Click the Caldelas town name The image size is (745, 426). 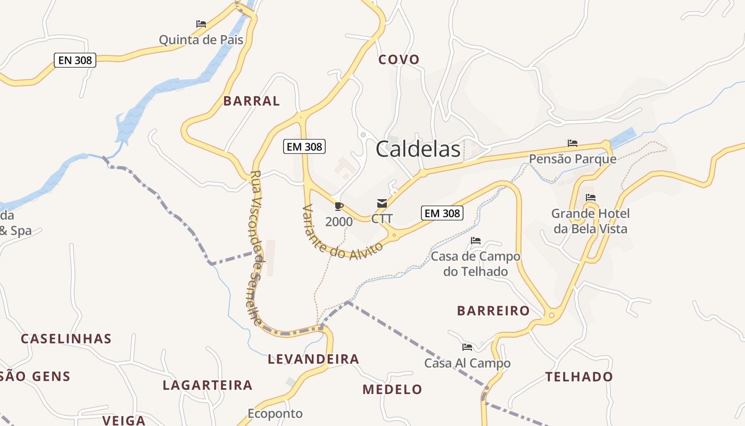coord(418,149)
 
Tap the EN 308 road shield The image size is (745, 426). coord(75,60)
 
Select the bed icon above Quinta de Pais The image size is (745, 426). coord(201,24)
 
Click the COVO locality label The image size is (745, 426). coord(399,60)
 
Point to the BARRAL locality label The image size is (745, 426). coord(252,101)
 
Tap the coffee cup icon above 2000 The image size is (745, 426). coord(339,206)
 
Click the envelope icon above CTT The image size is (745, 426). coord(382,203)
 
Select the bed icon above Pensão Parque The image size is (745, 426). coord(573,143)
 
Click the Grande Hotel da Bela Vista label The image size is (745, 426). coord(590,221)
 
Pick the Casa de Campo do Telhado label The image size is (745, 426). coord(476,264)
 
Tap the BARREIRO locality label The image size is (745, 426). coord(493,311)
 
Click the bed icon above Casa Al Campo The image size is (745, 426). coord(467,347)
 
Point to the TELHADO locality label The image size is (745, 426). coord(579,377)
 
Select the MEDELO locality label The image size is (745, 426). coord(392,390)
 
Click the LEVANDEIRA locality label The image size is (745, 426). coord(313,359)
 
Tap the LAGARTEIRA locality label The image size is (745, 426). coord(208,386)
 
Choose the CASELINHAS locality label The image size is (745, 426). coord(66,339)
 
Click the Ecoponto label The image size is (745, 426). coord(275,414)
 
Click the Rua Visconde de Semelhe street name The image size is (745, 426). coord(256,248)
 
